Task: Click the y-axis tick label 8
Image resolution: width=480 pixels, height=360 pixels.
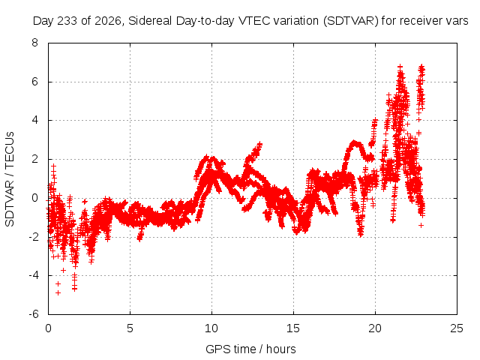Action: (35, 43)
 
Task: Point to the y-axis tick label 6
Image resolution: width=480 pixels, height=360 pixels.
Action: (35, 82)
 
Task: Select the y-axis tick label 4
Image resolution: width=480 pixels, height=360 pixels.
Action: (35, 120)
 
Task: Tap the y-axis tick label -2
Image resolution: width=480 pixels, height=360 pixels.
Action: (33, 237)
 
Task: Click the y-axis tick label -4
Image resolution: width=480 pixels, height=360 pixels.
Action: (33, 275)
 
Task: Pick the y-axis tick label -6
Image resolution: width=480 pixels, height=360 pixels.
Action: (33, 314)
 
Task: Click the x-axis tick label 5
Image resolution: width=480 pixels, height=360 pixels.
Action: (130, 328)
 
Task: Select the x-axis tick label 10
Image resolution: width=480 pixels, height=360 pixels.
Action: (211, 328)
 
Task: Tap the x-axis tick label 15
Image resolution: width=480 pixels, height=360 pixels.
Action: (293, 328)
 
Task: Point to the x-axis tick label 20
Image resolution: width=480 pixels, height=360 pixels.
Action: (375, 328)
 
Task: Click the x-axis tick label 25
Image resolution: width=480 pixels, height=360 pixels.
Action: (457, 328)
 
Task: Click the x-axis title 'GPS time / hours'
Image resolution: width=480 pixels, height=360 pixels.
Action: (250, 349)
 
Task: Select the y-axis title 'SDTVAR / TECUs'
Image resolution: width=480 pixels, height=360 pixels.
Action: (10, 179)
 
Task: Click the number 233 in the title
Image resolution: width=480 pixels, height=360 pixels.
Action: (67, 21)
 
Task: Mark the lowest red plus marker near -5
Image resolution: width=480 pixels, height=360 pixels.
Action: (58, 293)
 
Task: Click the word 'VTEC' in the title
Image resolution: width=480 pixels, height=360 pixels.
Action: (254, 21)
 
